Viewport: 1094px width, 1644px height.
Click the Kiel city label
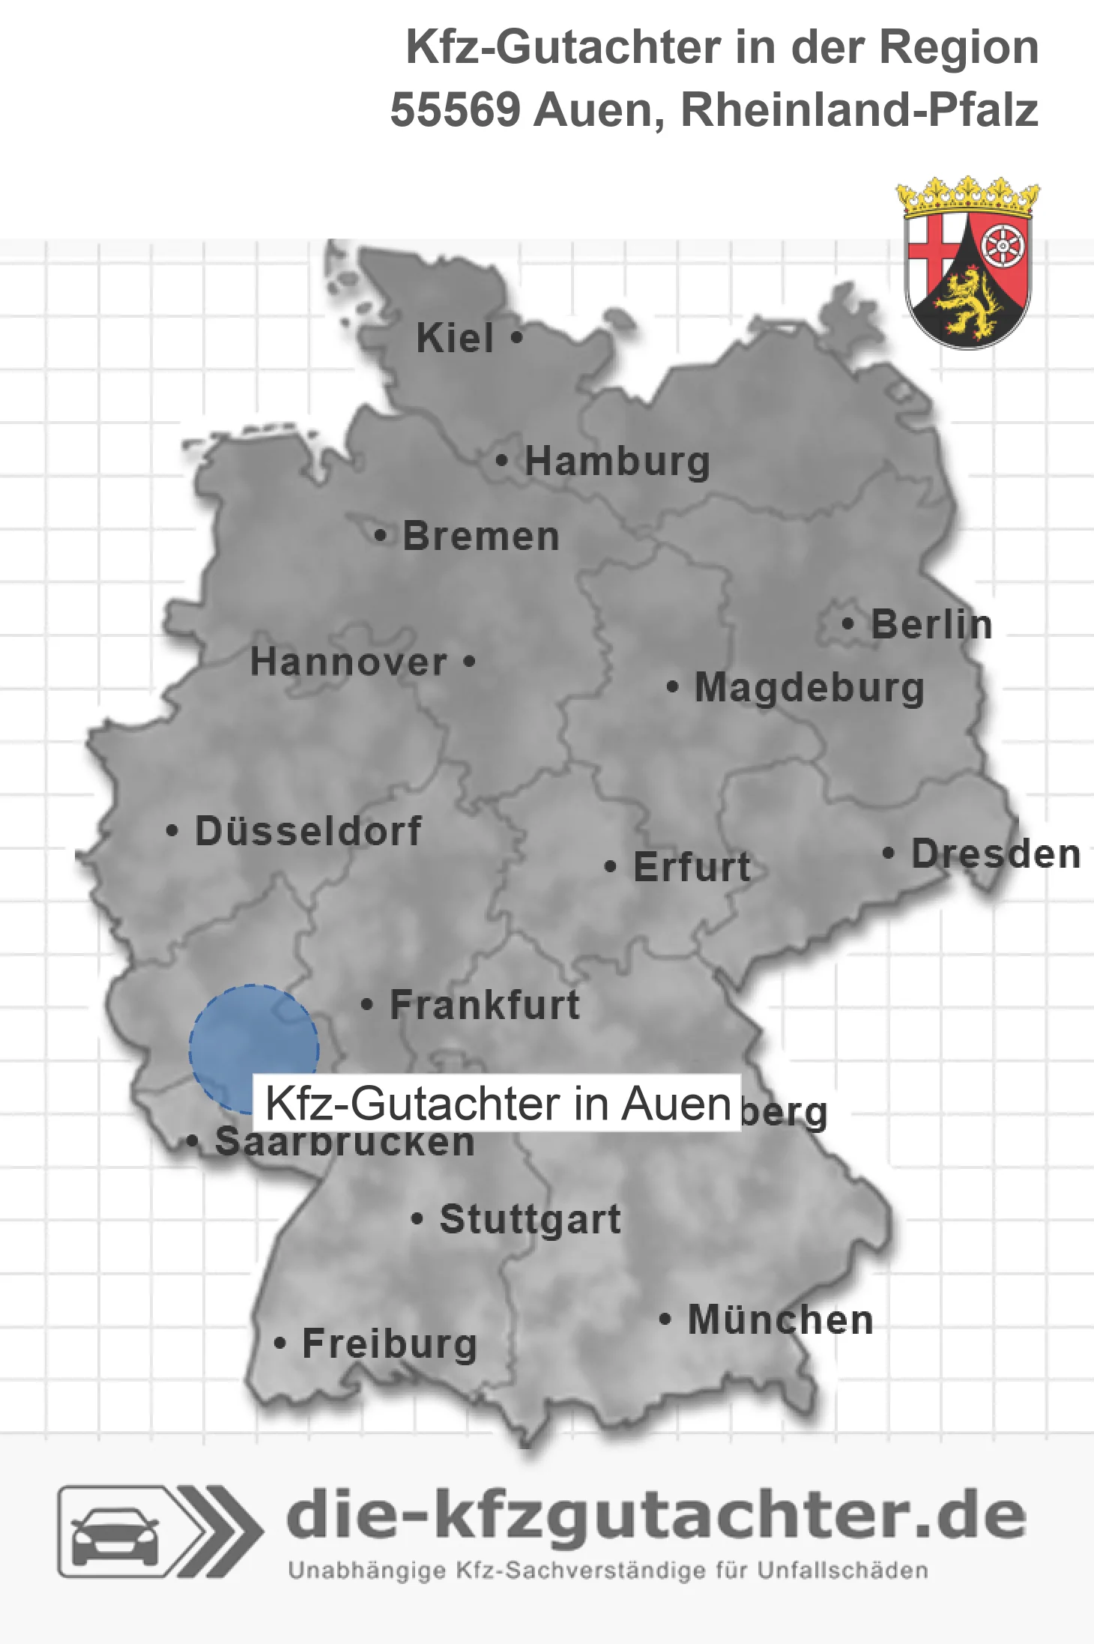[455, 338]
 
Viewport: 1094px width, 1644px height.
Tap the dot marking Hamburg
[502, 460]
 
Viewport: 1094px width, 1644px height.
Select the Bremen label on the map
[481, 536]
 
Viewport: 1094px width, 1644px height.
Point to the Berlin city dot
[847, 623]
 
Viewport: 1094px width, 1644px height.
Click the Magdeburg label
[809, 687]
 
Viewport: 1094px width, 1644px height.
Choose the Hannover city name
[348, 662]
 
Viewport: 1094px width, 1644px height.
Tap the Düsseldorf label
[308, 831]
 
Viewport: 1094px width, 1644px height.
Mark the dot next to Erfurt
[610, 867]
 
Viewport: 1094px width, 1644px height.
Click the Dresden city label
[996, 853]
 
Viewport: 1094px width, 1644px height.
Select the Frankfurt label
[485, 1004]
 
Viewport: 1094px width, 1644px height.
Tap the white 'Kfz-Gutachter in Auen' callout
[497, 1103]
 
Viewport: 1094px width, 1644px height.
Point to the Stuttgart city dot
[417, 1219]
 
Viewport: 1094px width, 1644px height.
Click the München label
[781, 1320]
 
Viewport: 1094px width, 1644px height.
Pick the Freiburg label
[390, 1344]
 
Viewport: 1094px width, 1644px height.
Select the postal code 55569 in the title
[455, 110]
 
